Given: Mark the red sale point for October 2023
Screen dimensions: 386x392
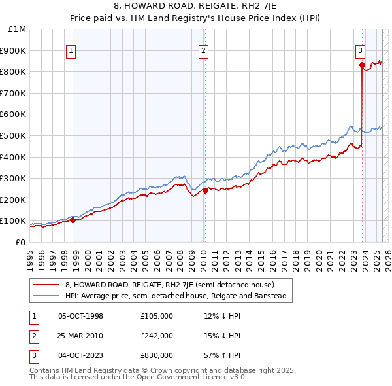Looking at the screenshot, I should pyautogui.click(x=362, y=65).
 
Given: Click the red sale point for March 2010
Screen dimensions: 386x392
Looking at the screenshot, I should pyautogui.click(x=205, y=190).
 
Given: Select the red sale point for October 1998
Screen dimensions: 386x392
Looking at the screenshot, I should pyautogui.click(x=73, y=220).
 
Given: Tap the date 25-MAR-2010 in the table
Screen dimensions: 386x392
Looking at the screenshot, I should pyautogui.click(x=80, y=336).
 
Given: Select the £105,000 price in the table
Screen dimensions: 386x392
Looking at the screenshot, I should pyautogui.click(x=157, y=316).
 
